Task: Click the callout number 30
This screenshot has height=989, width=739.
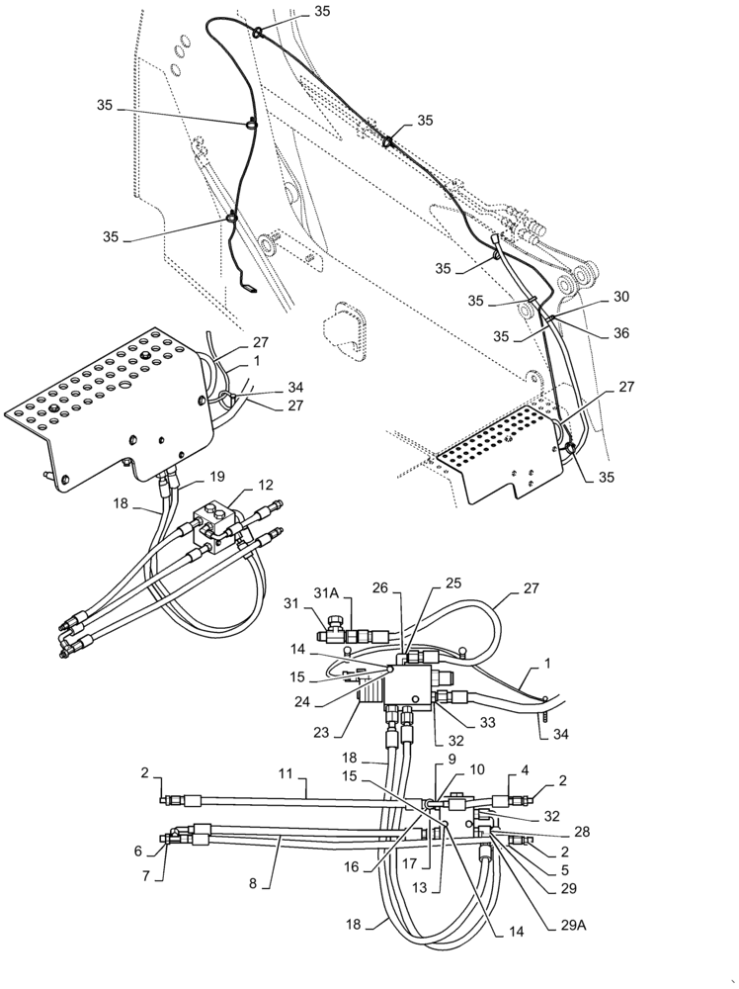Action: click(620, 297)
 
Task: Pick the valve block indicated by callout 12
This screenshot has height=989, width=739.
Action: click(219, 520)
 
